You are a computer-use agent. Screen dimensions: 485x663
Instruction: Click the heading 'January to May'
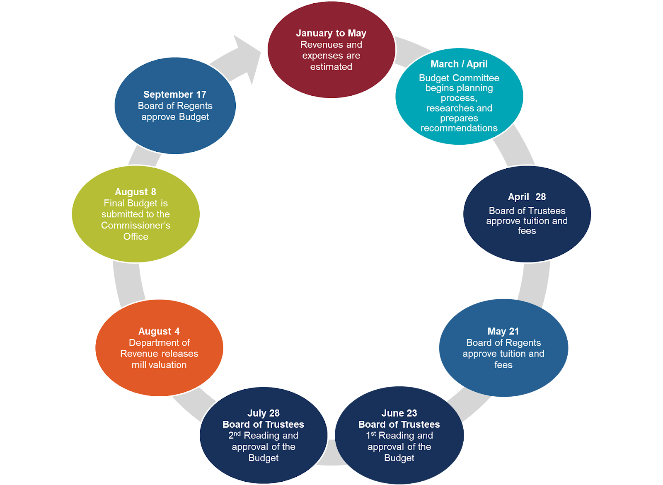[331, 33]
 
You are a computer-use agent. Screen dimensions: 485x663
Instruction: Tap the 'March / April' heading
[459, 64]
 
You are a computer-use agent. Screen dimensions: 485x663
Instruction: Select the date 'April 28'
[527, 197]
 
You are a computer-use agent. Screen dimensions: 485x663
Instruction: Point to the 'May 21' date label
[503, 331]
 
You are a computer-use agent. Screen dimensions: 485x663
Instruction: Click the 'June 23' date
[399, 413]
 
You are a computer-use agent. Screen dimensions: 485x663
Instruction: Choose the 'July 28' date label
[264, 413]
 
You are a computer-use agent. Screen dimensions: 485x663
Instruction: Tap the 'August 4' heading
[159, 331]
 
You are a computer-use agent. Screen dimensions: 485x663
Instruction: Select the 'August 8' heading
[136, 192]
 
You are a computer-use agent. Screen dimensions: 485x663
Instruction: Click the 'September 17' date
[175, 95]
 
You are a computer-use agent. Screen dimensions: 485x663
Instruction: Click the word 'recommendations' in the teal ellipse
[459, 128]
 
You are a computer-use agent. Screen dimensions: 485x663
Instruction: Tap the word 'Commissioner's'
[136, 226]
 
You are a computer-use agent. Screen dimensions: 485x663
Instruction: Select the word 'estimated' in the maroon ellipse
[331, 67]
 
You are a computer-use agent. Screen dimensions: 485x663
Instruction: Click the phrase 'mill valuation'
[159, 365]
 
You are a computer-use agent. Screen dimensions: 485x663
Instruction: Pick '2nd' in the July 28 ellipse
[235, 435]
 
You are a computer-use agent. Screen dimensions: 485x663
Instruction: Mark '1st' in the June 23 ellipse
[371, 435]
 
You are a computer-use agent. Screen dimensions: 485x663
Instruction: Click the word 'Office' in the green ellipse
[136, 237]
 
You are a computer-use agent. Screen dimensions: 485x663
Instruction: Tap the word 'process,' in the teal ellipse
[459, 98]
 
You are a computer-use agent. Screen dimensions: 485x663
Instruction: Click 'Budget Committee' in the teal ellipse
[459, 78]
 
